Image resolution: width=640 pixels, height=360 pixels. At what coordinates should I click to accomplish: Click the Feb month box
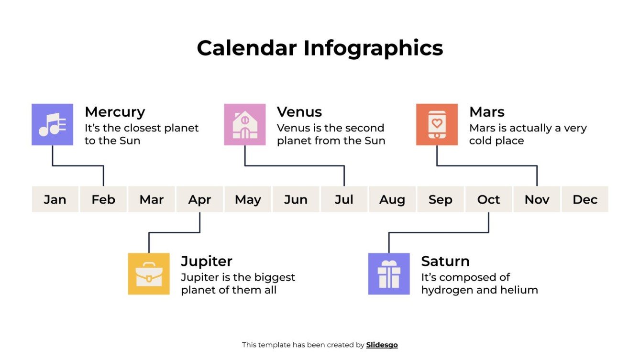tap(103, 199)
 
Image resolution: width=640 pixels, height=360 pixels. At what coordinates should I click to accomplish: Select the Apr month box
tap(199, 199)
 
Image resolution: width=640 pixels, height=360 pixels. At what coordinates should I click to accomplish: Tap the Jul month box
tap(344, 199)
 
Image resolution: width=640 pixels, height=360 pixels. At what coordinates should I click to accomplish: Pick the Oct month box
tap(488, 199)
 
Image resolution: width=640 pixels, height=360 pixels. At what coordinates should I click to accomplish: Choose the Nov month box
tap(537, 199)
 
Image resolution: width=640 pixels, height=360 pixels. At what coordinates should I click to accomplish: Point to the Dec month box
tap(585, 199)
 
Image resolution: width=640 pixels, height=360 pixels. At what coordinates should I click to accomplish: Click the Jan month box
tap(55, 199)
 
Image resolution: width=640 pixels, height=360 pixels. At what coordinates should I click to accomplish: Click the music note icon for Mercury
tap(52, 124)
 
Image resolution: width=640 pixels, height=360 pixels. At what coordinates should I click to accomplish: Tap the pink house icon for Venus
tap(244, 124)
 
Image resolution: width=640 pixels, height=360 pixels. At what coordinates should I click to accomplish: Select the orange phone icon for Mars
tap(437, 124)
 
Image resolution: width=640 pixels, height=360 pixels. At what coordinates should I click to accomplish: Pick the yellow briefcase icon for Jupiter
tap(149, 273)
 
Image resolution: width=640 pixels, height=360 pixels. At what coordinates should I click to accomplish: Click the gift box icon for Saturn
tap(389, 273)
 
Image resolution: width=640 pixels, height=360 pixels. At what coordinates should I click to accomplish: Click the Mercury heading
tap(115, 112)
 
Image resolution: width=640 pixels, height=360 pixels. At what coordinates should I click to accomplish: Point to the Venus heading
tap(299, 112)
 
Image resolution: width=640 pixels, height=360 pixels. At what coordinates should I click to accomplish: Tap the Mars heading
tap(487, 112)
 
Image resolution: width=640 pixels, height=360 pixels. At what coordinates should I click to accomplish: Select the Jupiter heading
tap(207, 261)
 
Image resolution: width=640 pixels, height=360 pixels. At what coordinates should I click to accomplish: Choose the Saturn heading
tap(445, 261)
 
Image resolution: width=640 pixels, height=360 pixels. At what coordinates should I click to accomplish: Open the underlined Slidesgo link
tap(382, 345)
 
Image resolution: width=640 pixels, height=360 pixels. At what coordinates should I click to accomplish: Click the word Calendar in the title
tap(247, 48)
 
